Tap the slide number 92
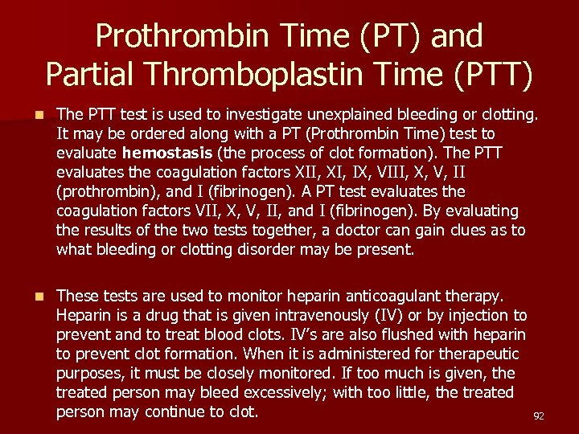(539, 416)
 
